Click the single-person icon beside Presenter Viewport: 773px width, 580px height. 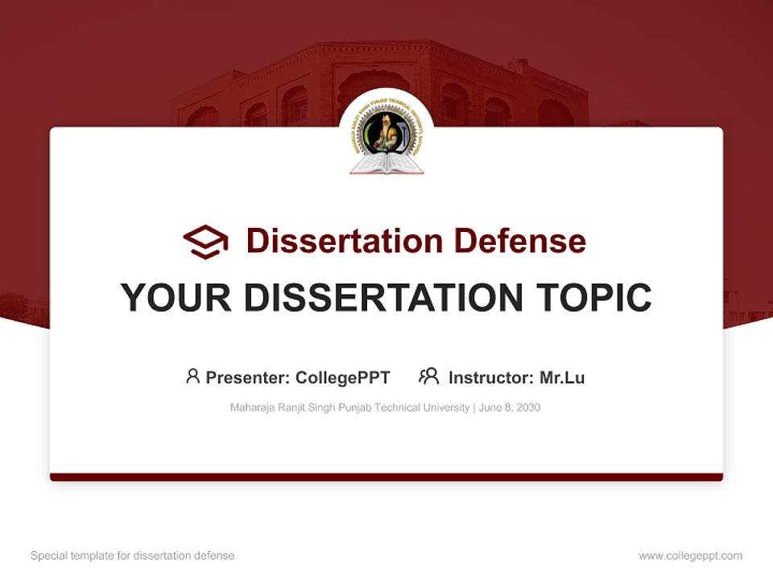(x=192, y=376)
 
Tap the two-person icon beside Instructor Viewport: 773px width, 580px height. (x=428, y=376)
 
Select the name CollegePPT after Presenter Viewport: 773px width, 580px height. (x=343, y=378)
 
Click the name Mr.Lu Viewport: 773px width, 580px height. (x=562, y=378)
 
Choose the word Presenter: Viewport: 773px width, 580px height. (x=248, y=378)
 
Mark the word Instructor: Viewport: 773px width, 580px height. (x=490, y=378)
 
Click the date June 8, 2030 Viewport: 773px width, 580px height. (x=510, y=408)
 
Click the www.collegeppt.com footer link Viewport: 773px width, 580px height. (x=690, y=556)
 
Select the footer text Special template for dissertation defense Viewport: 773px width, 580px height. (x=133, y=556)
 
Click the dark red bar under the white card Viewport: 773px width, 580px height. (x=386, y=477)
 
